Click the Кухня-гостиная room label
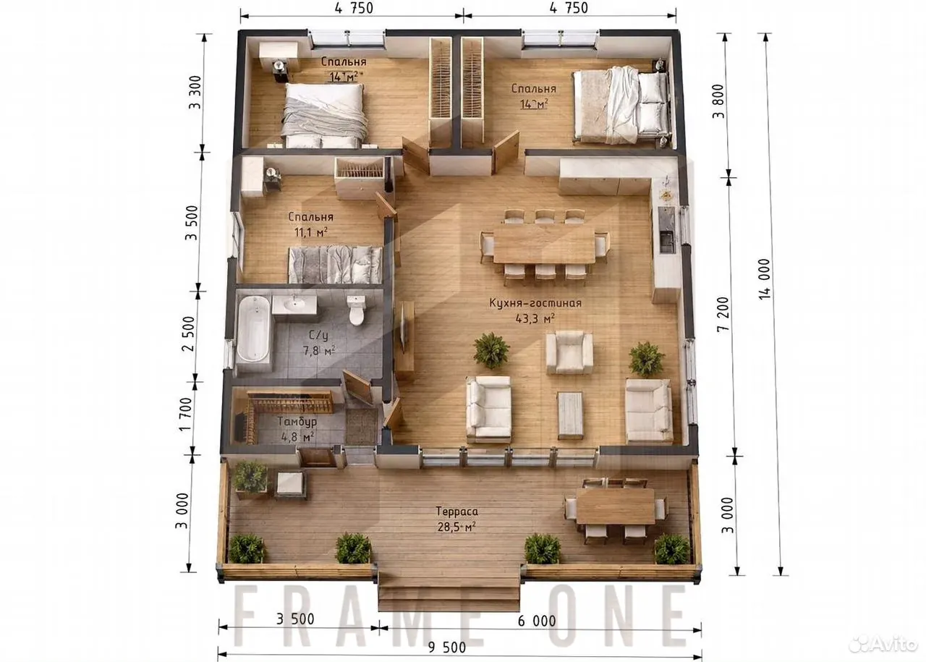pyautogui.click(x=535, y=303)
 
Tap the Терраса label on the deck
pyautogui.click(x=456, y=512)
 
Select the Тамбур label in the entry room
pyautogui.click(x=297, y=421)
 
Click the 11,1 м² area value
pyautogui.click(x=311, y=232)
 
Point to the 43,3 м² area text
pyautogui.click(x=535, y=318)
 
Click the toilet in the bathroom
pyautogui.click(x=356, y=310)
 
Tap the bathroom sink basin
pyautogui.click(x=294, y=305)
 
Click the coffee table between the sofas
pyautogui.click(x=570, y=415)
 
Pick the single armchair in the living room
pyautogui.click(x=569, y=353)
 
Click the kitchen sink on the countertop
pyautogui.click(x=666, y=242)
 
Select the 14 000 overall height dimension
pyautogui.click(x=765, y=279)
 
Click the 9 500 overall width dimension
pyautogui.click(x=447, y=647)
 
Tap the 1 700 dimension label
pyautogui.click(x=186, y=415)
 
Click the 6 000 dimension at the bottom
pyautogui.click(x=537, y=621)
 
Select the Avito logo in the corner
pyautogui.click(x=882, y=644)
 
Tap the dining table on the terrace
pyautogui.click(x=616, y=506)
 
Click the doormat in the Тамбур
pyautogui.click(x=361, y=427)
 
